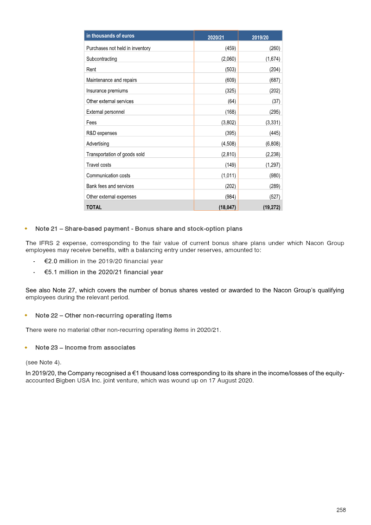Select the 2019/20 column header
[x=260, y=37]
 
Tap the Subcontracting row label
[x=102, y=59]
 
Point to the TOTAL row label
[x=94, y=207]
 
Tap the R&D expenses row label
[x=102, y=133]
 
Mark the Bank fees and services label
[x=110, y=186]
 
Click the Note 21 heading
[x=139, y=229]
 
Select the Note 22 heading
[x=103, y=316]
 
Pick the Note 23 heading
[x=85, y=347]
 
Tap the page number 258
[x=341, y=510]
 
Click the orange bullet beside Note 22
[x=26, y=316]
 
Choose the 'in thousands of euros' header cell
[x=110, y=36]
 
